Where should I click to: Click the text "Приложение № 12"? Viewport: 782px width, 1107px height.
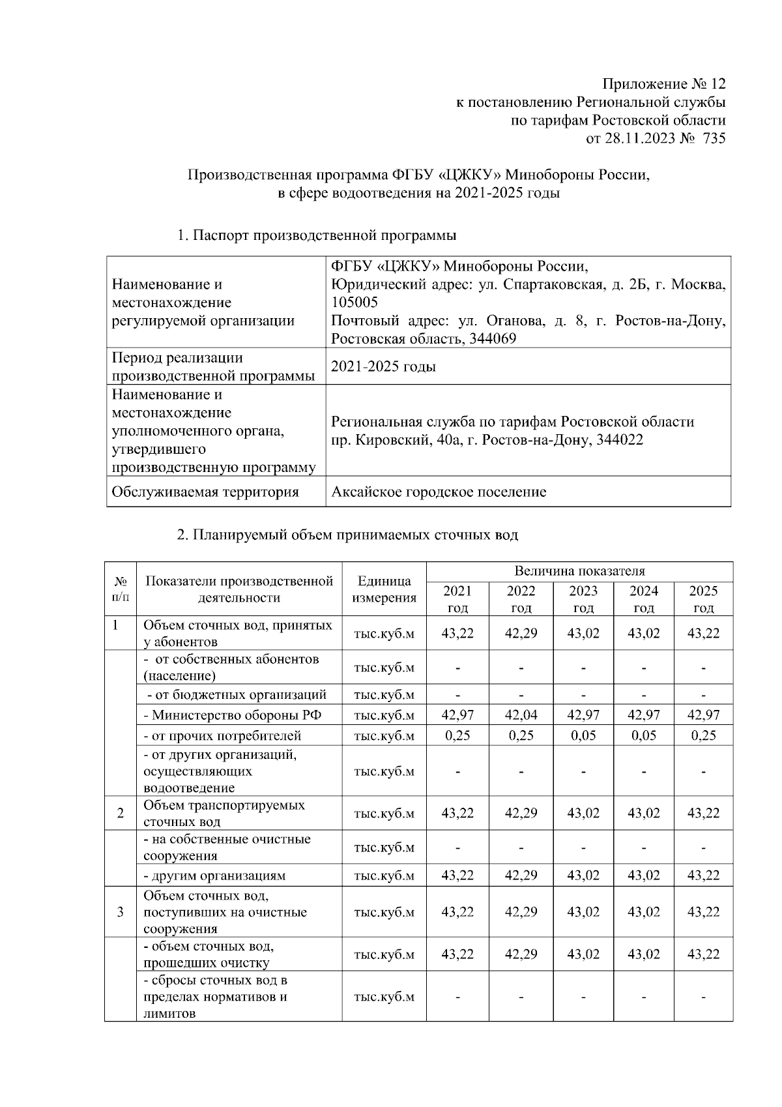tap(663, 84)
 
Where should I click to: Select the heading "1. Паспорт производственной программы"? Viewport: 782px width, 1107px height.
tap(317, 235)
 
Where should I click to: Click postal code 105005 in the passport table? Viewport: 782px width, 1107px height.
tap(355, 303)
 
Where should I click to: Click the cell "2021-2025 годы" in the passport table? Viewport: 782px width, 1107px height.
tap(383, 366)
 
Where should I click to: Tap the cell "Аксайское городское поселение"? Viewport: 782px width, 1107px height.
tap(439, 492)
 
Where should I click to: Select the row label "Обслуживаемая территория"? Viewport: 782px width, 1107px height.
tap(205, 492)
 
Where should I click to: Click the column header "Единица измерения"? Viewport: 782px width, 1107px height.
tap(384, 589)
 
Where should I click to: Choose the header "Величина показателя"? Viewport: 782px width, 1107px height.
tap(579, 571)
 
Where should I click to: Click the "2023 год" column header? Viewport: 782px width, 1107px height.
tap(583, 599)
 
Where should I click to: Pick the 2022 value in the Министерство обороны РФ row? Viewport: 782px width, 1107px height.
tap(521, 715)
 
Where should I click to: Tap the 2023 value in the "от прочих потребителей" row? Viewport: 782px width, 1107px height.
tap(583, 735)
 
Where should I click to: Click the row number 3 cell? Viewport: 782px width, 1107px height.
tap(121, 911)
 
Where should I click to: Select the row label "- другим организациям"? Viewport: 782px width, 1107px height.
tap(214, 875)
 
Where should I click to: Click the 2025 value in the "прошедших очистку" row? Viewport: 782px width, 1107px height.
tap(703, 954)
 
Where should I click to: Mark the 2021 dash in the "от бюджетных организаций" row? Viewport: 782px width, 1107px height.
tap(457, 694)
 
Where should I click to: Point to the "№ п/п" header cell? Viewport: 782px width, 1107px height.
tap(121, 589)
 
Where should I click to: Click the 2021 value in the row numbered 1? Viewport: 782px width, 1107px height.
tap(457, 633)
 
